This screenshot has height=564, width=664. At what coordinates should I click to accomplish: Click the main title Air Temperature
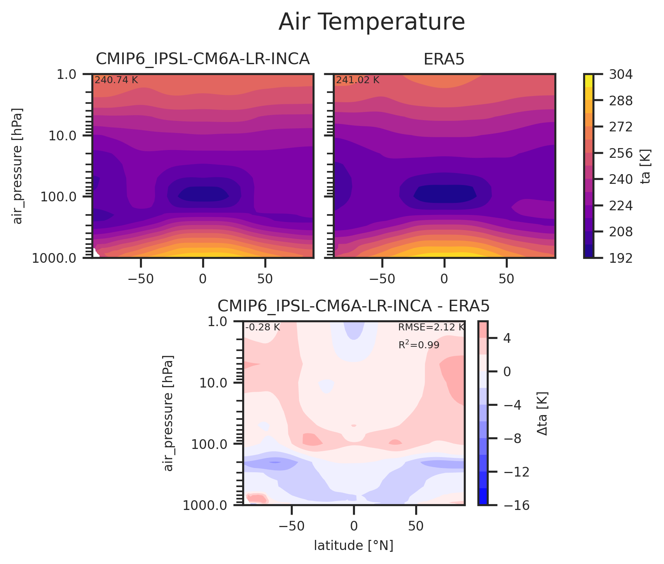pyautogui.click(x=372, y=22)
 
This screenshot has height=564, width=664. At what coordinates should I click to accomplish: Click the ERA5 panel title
pyautogui.click(x=444, y=59)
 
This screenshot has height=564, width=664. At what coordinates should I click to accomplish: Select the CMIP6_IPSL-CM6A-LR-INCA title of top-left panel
pyautogui.click(x=203, y=59)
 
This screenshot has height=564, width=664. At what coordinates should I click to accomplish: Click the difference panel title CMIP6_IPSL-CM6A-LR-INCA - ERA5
pyautogui.click(x=353, y=306)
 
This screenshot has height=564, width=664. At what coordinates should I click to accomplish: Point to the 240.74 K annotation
pyautogui.click(x=116, y=80)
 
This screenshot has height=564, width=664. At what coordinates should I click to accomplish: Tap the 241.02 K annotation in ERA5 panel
pyautogui.click(x=357, y=80)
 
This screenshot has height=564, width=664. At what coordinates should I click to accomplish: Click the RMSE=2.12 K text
pyautogui.click(x=431, y=327)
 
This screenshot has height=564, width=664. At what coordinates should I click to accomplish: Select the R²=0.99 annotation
pyautogui.click(x=419, y=345)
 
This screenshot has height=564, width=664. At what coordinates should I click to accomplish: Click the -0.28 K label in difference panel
pyautogui.click(x=262, y=327)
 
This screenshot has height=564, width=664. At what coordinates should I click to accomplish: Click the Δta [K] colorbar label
pyautogui.click(x=542, y=414)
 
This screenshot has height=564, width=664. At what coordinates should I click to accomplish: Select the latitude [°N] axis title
pyautogui.click(x=353, y=546)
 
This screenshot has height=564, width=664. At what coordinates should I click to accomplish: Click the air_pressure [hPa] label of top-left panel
pyautogui.click(x=18, y=166)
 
